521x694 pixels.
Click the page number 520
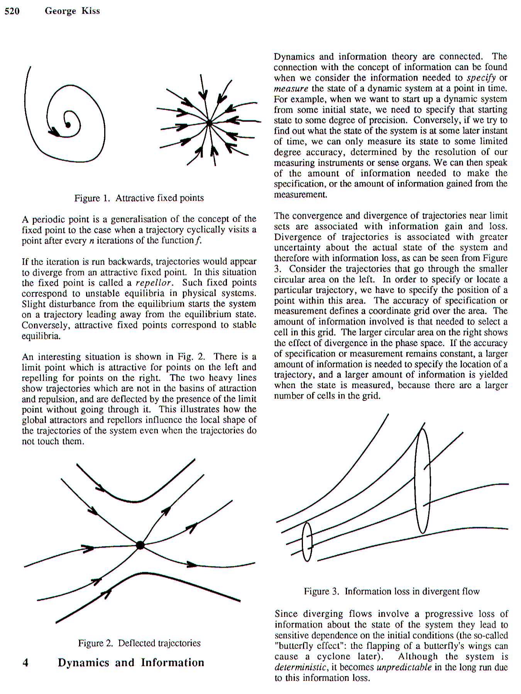pos(12,11)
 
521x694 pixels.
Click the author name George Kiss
pos(72,11)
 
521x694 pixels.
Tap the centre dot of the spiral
pos(68,125)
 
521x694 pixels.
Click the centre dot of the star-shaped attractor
pos(209,123)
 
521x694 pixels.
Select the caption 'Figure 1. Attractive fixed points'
pos(139,198)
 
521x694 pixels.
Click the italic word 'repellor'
pos(153,283)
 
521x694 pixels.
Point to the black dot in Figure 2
pos(140,545)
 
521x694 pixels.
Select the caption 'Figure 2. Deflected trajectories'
pos(139,643)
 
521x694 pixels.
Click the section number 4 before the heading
pos(25,663)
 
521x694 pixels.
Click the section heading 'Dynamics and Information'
pos(131,663)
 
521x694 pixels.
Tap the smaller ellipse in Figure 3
pos(307,541)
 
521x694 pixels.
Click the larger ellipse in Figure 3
pos(422,481)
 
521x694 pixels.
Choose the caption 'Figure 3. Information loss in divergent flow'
pos(391,591)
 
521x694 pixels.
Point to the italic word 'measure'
pos(291,88)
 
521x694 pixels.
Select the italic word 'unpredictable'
pos(404,667)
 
